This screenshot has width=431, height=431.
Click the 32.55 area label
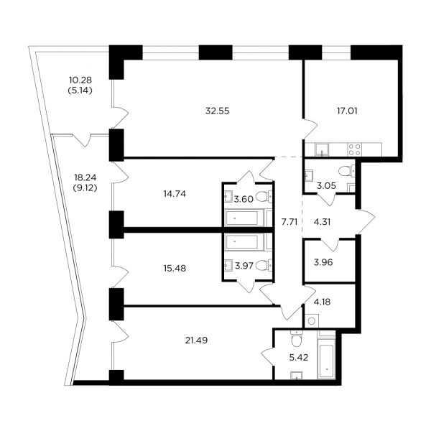click(217, 111)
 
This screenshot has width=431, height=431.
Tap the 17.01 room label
click(347, 111)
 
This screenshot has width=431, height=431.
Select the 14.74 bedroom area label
click(175, 194)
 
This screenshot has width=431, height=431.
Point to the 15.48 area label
click(175, 268)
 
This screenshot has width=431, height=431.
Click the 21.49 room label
click(196, 340)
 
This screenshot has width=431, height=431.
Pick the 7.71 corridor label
click(289, 222)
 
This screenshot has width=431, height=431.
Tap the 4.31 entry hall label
click(322, 222)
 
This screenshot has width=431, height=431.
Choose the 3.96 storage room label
click(323, 262)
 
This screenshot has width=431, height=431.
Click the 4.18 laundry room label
click(322, 302)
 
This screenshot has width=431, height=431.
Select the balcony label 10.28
click(80, 80)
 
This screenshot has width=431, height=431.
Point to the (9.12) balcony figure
click(85, 188)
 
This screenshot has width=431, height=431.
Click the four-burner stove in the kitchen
click(354, 149)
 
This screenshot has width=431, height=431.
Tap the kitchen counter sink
click(322, 149)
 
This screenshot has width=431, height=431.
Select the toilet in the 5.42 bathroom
click(296, 338)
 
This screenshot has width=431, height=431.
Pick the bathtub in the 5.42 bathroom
click(327, 355)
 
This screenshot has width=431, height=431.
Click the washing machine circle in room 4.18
click(312, 321)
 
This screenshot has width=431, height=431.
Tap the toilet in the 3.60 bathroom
click(264, 197)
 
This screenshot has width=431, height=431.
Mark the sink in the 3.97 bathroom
click(228, 266)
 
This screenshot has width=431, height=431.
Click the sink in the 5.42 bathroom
click(297, 375)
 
